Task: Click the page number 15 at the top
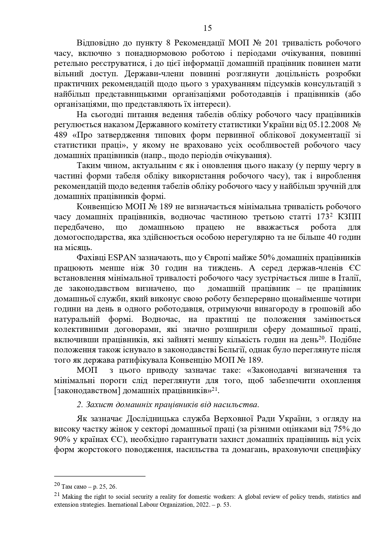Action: (207, 28)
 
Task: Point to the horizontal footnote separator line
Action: (100, 476)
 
